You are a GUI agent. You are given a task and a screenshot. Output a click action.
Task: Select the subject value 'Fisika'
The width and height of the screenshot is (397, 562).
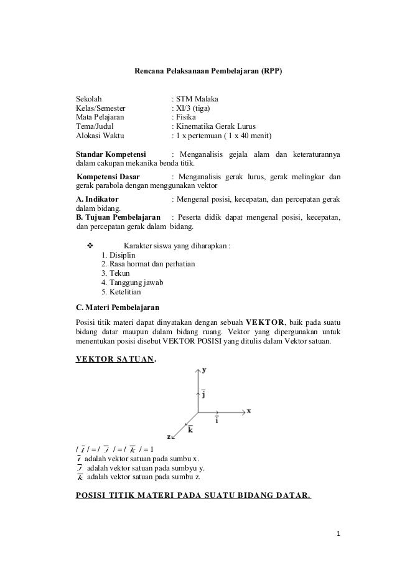click(185, 117)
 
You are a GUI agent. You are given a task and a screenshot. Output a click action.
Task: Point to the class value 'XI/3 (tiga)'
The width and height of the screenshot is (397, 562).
click(194, 108)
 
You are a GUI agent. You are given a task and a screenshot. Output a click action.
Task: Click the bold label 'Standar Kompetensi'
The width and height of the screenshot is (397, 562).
click(110, 154)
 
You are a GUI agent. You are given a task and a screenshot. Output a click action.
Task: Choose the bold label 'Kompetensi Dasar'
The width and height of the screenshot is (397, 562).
click(108, 176)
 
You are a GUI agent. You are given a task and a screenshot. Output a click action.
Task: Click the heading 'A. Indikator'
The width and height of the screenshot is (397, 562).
click(97, 199)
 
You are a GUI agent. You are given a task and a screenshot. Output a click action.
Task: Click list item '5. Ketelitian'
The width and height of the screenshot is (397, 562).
click(121, 292)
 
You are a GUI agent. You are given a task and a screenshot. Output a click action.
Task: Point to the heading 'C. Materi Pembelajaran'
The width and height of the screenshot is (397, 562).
click(117, 307)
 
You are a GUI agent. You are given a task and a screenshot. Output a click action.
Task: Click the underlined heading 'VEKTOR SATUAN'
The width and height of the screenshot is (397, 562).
click(115, 358)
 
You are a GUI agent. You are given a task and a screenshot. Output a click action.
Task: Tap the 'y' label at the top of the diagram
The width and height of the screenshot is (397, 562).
click(204, 370)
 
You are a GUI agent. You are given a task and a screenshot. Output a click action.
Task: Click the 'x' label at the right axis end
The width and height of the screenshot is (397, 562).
click(248, 411)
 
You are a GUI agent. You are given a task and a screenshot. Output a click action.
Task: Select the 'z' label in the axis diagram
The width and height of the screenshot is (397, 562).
click(169, 437)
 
